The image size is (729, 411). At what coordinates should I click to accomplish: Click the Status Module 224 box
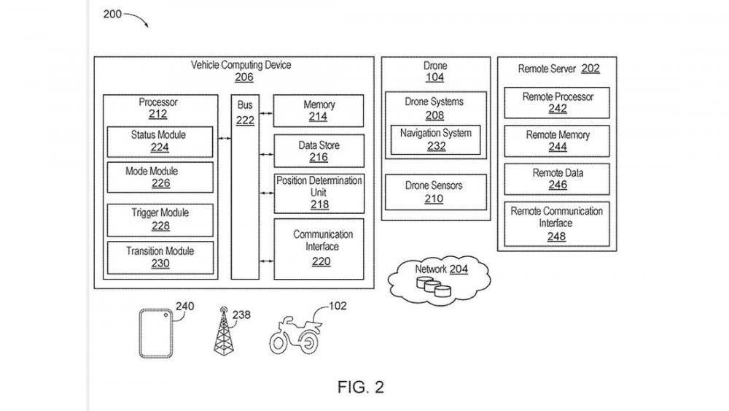160,142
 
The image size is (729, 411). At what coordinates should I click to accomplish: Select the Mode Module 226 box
160,177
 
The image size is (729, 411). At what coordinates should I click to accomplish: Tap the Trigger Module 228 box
160,219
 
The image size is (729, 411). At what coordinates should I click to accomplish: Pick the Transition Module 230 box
160,257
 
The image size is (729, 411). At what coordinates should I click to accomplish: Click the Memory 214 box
319,111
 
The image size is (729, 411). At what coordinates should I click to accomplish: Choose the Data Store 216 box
319,151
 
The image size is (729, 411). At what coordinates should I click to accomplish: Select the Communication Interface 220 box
319,248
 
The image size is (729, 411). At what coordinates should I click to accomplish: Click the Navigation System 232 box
435,139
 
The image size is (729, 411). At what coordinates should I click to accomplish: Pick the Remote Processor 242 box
558,103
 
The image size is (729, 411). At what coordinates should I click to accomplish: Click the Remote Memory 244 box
558,141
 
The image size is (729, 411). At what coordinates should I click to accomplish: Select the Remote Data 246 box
558,180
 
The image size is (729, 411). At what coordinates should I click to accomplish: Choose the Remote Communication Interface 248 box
556,223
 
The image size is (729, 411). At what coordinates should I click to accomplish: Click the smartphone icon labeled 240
156,332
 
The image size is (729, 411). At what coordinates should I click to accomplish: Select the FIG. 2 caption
360,387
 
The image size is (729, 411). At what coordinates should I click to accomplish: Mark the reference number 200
113,13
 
